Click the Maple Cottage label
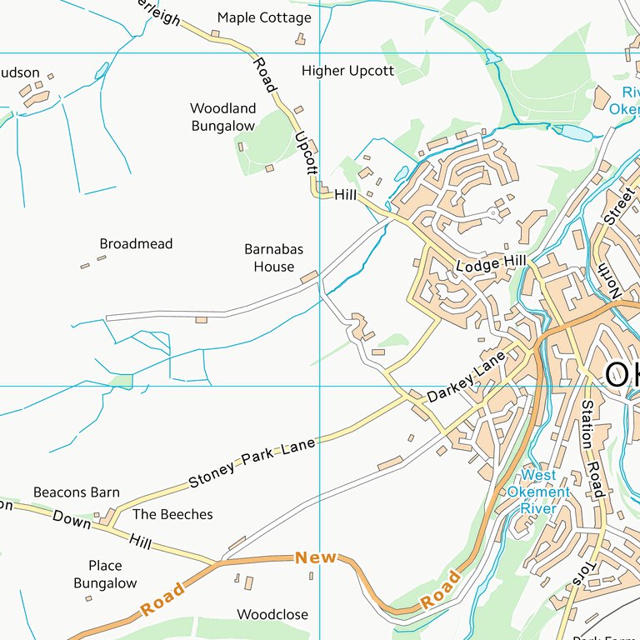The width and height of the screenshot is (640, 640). click(264, 17)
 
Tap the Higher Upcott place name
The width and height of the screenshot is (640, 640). click(347, 71)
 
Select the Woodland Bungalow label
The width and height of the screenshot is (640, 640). click(222, 117)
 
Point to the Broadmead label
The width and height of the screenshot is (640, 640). click(136, 244)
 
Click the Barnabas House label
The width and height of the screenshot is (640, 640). click(273, 258)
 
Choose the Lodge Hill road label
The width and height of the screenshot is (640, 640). click(491, 263)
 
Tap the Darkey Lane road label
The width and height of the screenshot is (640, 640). click(466, 377)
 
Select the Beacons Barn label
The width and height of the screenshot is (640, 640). click(77, 492)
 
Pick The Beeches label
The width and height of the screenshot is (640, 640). click(172, 514)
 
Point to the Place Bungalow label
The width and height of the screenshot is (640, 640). click(105, 575)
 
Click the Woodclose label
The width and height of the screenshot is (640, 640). click(272, 615)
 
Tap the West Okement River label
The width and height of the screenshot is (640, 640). click(538, 492)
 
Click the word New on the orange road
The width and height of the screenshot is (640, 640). click(316, 557)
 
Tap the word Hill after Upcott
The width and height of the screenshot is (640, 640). click(345, 194)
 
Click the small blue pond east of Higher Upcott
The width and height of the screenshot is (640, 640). click(492, 57)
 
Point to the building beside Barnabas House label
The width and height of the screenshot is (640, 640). click(309, 276)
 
